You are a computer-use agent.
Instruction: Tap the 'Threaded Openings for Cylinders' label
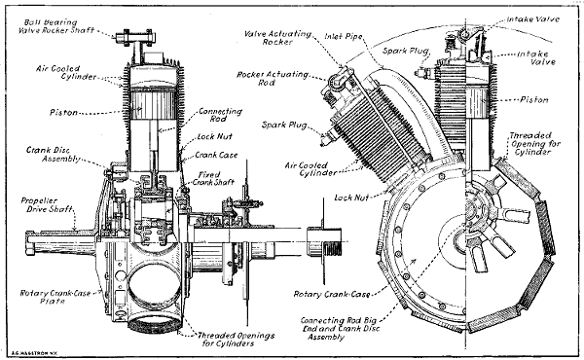pyautogui.click(x=241, y=335)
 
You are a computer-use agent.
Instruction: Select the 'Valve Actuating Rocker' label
pyautogui.click(x=274, y=38)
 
